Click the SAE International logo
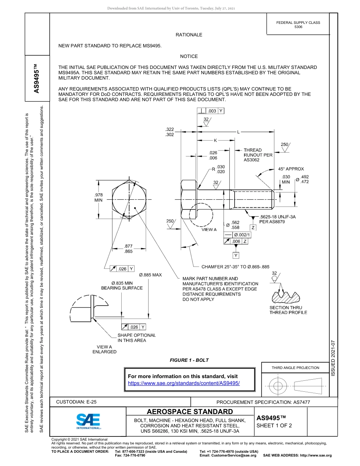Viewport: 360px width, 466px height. pos(88,421)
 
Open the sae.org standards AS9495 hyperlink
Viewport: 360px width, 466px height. pos(184,383)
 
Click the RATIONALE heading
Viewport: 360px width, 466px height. pos(189,35)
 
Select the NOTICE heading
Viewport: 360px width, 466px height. pos(189,56)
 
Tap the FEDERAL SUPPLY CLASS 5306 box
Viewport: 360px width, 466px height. pos(298,25)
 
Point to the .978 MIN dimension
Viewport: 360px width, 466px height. pos(99,197)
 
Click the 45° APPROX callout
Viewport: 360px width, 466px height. pos(291,169)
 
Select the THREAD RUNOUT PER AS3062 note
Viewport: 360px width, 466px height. pos(258,155)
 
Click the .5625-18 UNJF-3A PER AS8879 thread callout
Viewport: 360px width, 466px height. pos(277,219)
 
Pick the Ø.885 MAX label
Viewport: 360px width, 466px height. pos(150,275)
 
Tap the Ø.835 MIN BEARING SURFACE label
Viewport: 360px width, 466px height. pos(122,285)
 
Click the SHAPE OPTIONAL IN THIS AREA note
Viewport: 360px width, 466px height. pos(136,338)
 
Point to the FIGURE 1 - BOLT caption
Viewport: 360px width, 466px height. pos(189,360)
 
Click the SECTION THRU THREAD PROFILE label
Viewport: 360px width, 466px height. pos(288,310)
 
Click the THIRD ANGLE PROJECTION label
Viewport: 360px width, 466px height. pos(295,367)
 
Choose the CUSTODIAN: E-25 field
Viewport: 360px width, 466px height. pos(76,402)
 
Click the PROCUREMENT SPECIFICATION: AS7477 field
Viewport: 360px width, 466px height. pos(263,402)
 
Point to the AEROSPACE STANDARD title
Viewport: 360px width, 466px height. pos(190,412)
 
